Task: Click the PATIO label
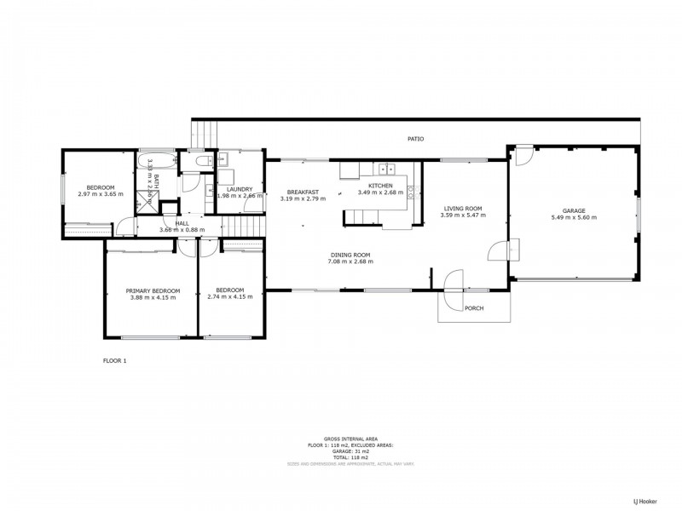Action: [x=415, y=139]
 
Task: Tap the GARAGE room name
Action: [x=573, y=210]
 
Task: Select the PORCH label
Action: [x=474, y=307]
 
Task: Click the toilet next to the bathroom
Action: [x=201, y=161]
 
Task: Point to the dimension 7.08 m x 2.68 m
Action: [x=350, y=262]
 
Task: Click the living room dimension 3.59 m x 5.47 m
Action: [x=463, y=215]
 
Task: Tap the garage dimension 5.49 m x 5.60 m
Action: [x=573, y=217]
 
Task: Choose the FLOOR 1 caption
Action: [x=114, y=361]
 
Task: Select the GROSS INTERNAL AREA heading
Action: [x=351, y=438]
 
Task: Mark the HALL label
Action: [x=182, y=222]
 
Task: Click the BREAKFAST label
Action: [x=303, y=192]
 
